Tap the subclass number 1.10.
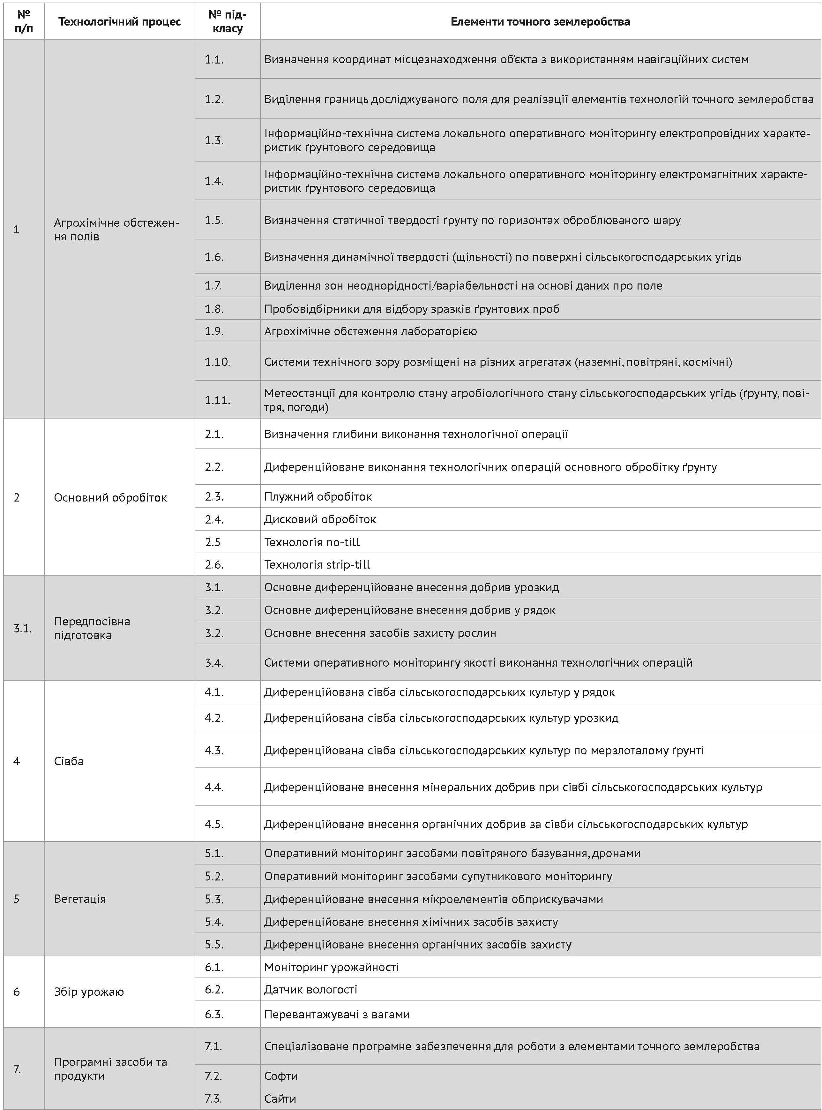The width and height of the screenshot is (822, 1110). pos(217,362)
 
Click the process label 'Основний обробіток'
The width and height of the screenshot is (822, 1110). pos(110,498)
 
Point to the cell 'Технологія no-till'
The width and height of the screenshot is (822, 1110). pos(312,542)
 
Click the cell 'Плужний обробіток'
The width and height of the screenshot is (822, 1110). pos(318,496)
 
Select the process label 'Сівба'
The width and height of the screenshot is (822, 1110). pos(69,761)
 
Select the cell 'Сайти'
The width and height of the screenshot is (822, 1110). pos(280,1098)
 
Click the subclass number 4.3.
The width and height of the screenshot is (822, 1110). pos(214,750)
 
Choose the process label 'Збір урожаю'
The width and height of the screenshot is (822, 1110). pos(89,992)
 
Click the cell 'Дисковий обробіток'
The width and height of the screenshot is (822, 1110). pos(320,519)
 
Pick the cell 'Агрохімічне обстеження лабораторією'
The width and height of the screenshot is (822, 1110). pos(370,331)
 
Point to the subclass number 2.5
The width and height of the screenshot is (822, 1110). pos(213,542)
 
